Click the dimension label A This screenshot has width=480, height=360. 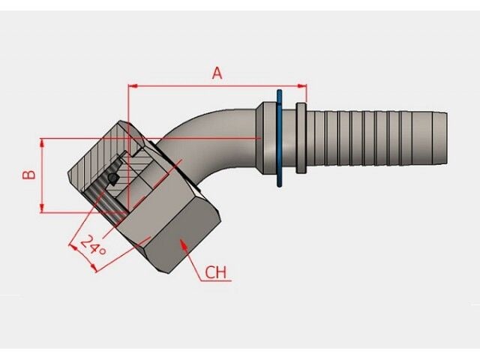(217, 73)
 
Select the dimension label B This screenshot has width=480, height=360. (28, 174)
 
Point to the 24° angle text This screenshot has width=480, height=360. (94, 245)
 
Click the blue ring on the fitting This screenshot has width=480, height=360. (279, 139)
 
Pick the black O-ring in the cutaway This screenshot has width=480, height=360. (112, 178)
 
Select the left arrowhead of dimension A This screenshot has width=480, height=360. (132, 85)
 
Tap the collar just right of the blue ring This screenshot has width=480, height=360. (301, 139)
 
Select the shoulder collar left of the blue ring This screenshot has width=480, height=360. (265, 139)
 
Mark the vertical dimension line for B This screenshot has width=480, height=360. (42, 176)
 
